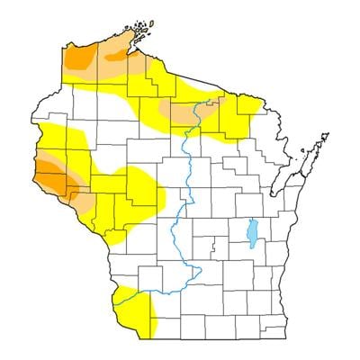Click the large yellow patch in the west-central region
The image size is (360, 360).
135,189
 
